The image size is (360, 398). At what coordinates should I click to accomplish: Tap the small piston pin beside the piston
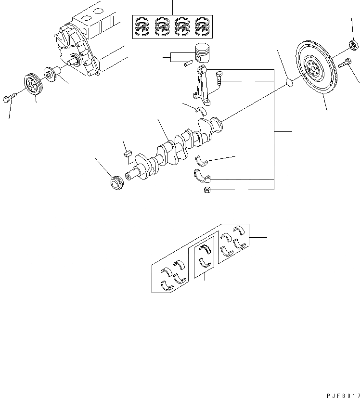coord(189,62)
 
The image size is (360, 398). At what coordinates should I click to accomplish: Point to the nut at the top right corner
coord(353,46)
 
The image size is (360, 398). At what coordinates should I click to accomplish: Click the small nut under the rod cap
coord(206,191)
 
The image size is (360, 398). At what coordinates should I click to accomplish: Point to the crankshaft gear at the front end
coord(116,184)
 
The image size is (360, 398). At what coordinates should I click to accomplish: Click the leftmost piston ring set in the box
coord(143,26)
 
